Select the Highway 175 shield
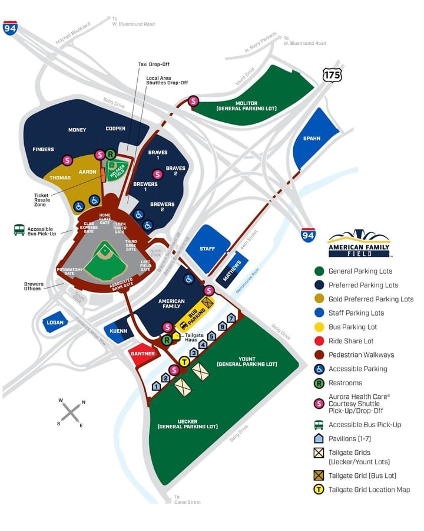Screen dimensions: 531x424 (x=332, y=74)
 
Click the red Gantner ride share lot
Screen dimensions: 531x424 (x=143, y=353)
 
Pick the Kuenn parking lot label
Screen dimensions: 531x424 (x=118, y=331)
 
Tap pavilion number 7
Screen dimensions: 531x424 (x=231, y=318)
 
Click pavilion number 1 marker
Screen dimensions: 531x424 (x=156, y=386)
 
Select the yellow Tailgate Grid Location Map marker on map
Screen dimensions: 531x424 (x=184, y=362)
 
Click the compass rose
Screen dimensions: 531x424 (x=71, y=412)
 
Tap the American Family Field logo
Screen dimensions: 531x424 (x=359, y=244)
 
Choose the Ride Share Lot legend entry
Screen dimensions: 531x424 (x=352, y=341)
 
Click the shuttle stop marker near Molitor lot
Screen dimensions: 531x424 (x=193, y=101)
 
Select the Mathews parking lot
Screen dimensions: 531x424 (x=231, y=271)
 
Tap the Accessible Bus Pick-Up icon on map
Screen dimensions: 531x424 (x=19, y=230)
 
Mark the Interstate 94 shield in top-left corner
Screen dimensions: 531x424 (x=10, y=28)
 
